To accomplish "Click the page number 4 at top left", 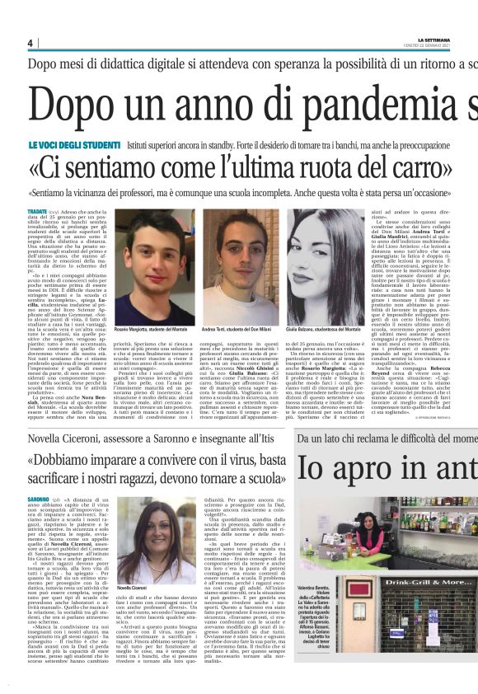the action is (30, 43).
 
